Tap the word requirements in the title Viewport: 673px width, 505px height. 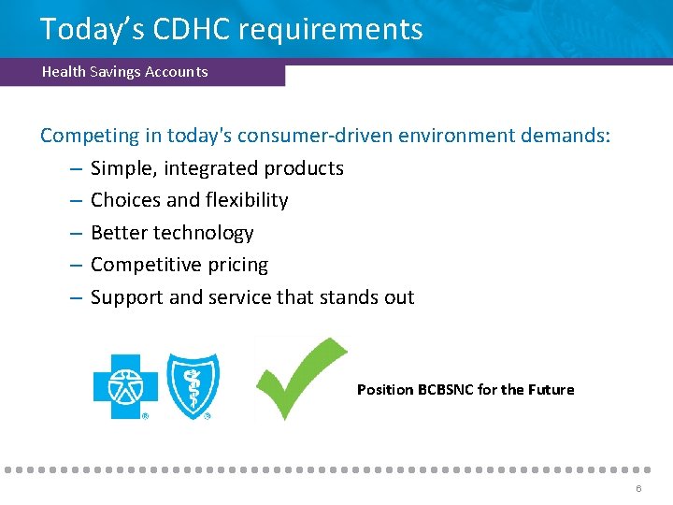(330, 30)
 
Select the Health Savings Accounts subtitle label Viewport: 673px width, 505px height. (124, 72)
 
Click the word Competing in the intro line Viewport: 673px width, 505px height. (89, 137)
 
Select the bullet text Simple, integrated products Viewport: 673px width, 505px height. (217, 169)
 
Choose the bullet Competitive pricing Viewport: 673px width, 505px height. (179, 266)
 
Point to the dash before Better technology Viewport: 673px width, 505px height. (75, 233)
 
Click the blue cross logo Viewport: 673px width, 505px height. (125, 386)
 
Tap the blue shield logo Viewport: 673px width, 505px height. (193, 383)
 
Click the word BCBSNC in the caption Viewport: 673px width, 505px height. (446, 390)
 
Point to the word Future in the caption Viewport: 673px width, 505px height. (551, 390)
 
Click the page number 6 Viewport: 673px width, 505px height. (638, 489)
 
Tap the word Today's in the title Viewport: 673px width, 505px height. (91, 29)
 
